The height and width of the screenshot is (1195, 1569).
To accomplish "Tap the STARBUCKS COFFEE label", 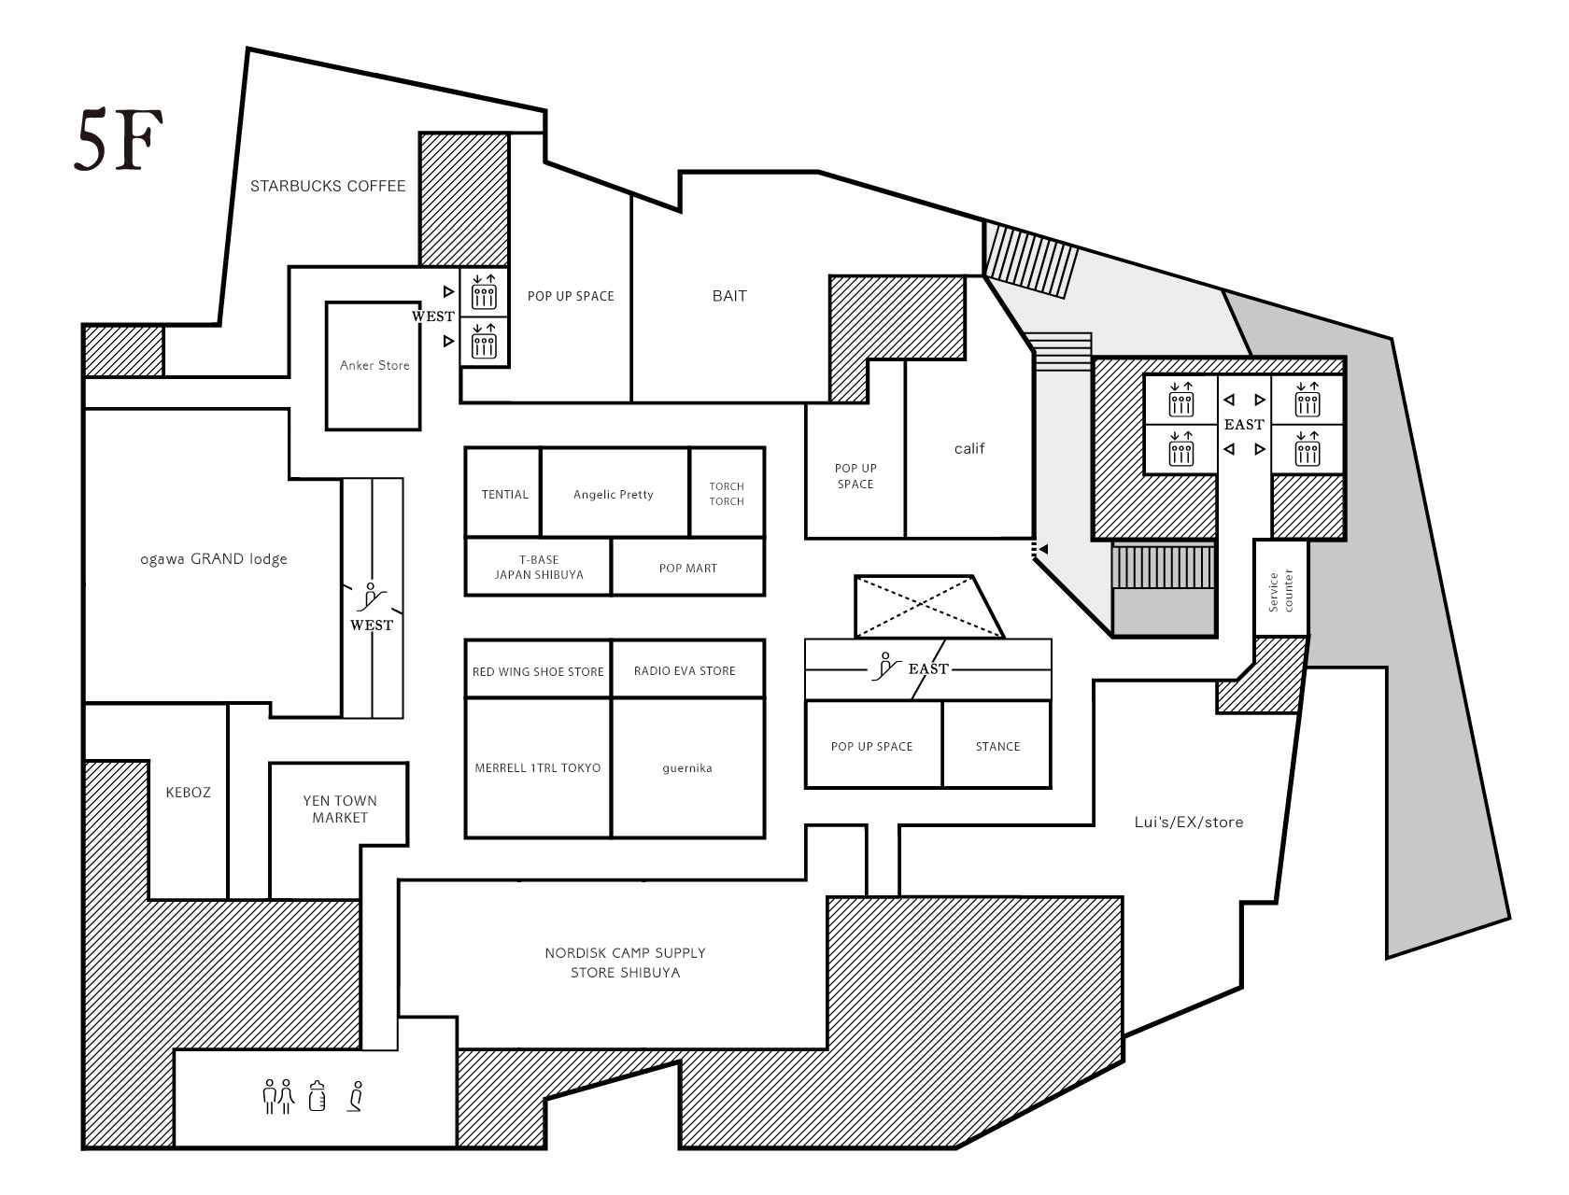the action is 328,186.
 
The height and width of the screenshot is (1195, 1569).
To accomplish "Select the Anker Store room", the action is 374,366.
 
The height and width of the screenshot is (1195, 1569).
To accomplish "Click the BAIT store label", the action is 729,296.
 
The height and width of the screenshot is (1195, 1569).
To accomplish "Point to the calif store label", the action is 969,448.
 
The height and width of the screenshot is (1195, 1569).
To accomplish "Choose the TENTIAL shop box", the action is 503,492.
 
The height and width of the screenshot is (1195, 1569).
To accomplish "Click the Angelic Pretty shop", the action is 615,492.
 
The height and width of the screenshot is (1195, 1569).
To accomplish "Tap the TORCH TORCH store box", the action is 727,492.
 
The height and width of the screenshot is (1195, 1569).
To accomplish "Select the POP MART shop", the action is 687,567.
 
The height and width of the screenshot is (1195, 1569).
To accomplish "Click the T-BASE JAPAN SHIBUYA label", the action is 539,567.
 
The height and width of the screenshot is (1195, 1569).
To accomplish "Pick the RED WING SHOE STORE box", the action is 538,668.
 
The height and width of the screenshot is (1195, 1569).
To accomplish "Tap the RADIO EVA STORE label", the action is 685,670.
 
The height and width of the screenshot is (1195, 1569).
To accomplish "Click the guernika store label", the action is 687,768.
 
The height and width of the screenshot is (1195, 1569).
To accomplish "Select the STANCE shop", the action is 997,744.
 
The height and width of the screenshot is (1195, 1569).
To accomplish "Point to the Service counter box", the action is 1281,588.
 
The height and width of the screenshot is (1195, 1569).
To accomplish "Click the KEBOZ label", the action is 188,792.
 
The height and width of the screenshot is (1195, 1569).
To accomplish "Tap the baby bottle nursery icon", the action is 318,1095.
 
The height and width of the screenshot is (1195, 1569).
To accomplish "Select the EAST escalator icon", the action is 886,666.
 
